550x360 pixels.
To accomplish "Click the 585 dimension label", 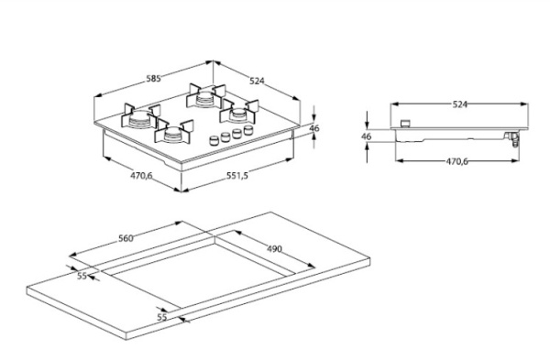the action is (153, 79).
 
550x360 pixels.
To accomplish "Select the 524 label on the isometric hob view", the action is (257, 81).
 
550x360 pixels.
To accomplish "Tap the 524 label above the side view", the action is (460, 104).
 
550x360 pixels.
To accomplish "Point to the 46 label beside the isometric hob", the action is (314, 128).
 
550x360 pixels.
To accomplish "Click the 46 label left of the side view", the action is (366, 136).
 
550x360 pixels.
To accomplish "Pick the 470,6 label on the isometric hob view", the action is (141, 175).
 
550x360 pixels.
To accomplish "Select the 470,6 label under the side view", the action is (457, 161).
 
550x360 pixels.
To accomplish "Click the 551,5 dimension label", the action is (236, 175).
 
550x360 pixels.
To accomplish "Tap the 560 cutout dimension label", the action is (126, 238).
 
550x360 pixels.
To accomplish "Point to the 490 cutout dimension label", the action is (274, 249).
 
